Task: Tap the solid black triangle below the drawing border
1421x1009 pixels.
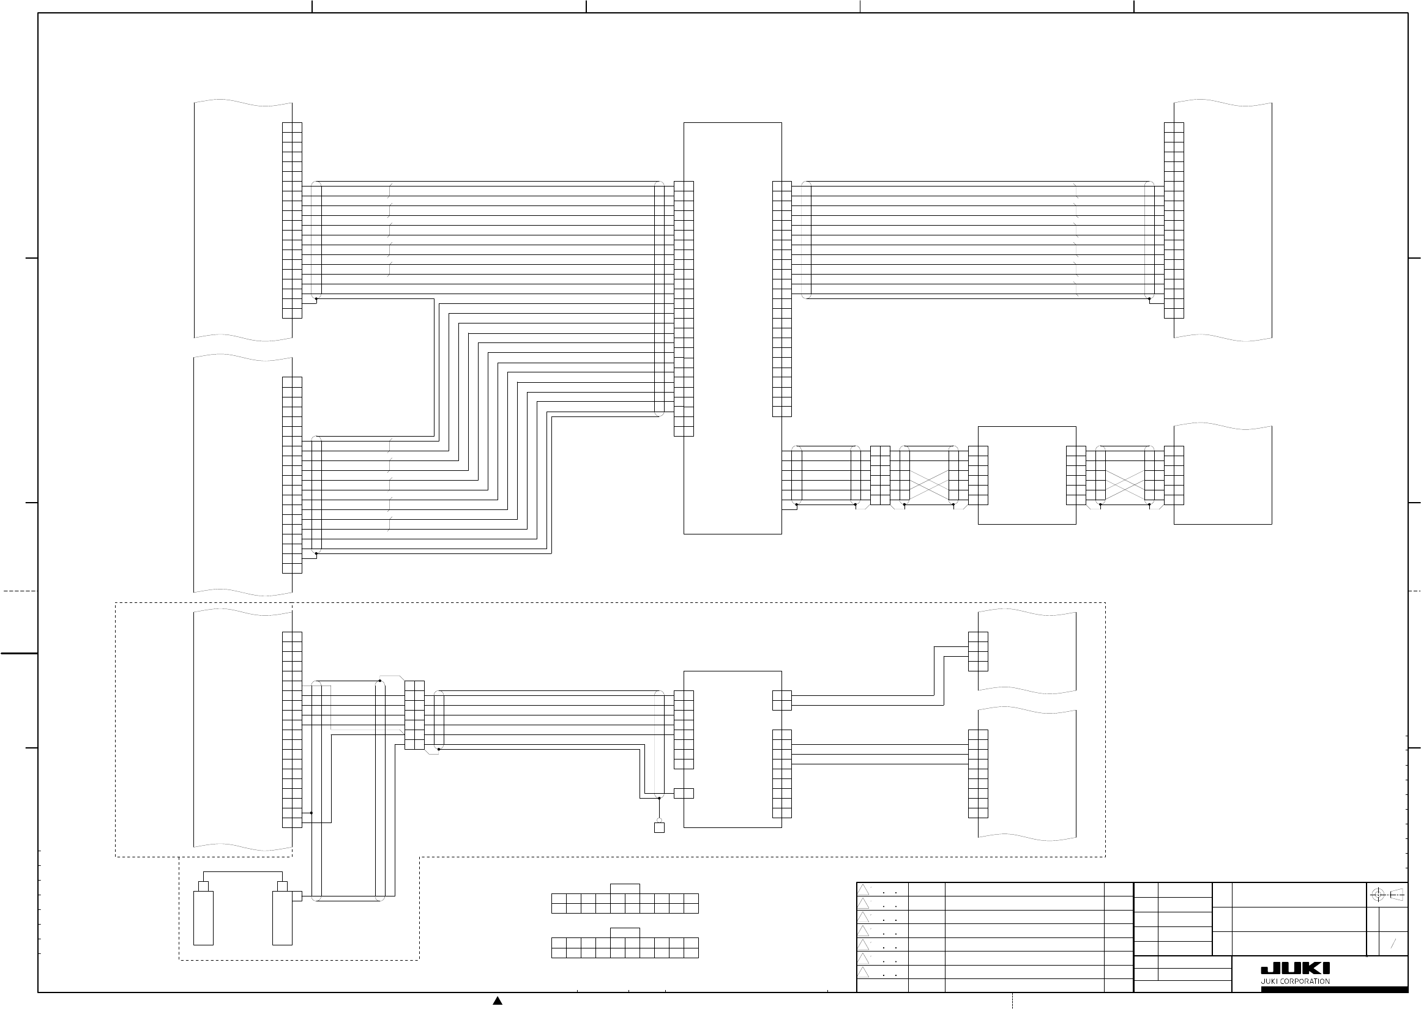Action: click(x=498, y=1000)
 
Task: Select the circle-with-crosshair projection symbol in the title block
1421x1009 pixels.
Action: click(x=1378, y=895)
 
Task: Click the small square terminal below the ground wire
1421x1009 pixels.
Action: click(x=659, y=827)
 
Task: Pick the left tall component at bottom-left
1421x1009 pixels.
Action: click(x=203, y=918)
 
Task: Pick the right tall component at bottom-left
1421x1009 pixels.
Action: click(x=282, y=918)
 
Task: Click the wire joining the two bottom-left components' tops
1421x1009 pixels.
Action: click(x=242, y=871)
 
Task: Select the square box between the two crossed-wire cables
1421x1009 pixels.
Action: click(x=1026, y=475)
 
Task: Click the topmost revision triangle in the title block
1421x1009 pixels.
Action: click(x=863, y=890)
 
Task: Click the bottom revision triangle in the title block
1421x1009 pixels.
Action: click(x=863, y=972)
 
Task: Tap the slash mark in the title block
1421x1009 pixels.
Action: click(x=1393, y=944)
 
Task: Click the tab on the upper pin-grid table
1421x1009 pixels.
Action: click(x=625, y=889)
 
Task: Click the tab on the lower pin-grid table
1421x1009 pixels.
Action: click(x=625, y=933)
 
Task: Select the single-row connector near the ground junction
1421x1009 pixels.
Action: click(x=684, y=793)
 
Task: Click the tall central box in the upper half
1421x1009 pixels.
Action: click(x=733, y=328)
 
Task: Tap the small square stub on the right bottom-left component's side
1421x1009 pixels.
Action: click(x=297, y=896)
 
